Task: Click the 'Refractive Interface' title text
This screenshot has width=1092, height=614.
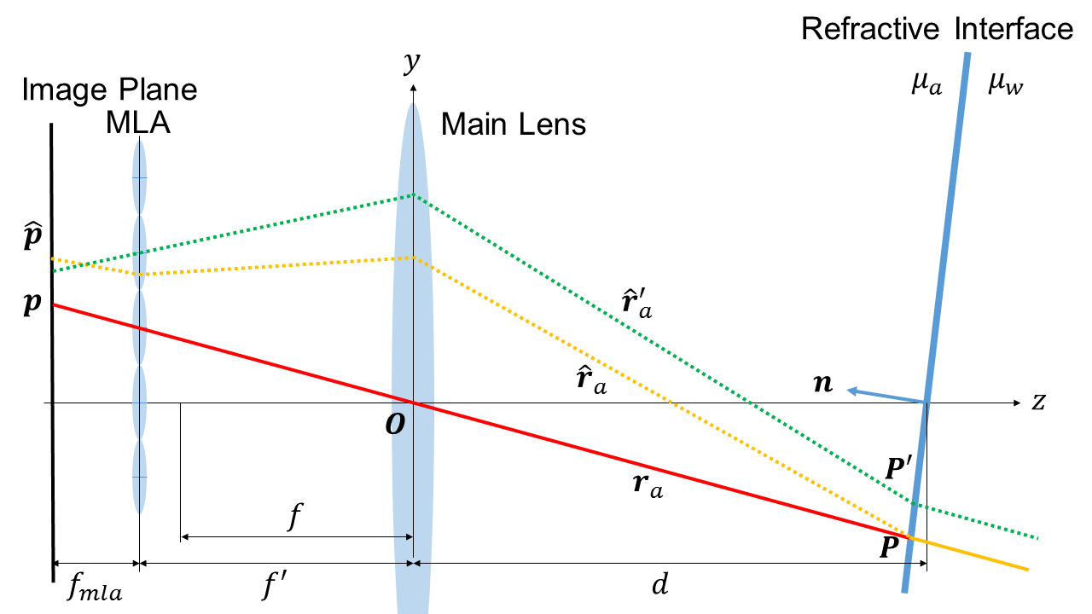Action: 937,29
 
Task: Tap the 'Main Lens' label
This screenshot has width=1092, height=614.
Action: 514,125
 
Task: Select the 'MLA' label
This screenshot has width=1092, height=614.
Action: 138,123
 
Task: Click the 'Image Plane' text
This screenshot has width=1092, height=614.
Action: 110,90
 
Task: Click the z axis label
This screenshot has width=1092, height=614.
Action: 1038,402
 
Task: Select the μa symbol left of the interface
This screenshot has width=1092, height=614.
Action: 926,84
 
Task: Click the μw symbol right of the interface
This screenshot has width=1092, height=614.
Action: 1005,84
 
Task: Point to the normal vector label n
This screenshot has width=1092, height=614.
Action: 823,385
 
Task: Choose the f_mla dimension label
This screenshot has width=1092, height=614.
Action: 94,588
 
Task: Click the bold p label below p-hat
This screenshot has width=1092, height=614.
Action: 31,305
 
